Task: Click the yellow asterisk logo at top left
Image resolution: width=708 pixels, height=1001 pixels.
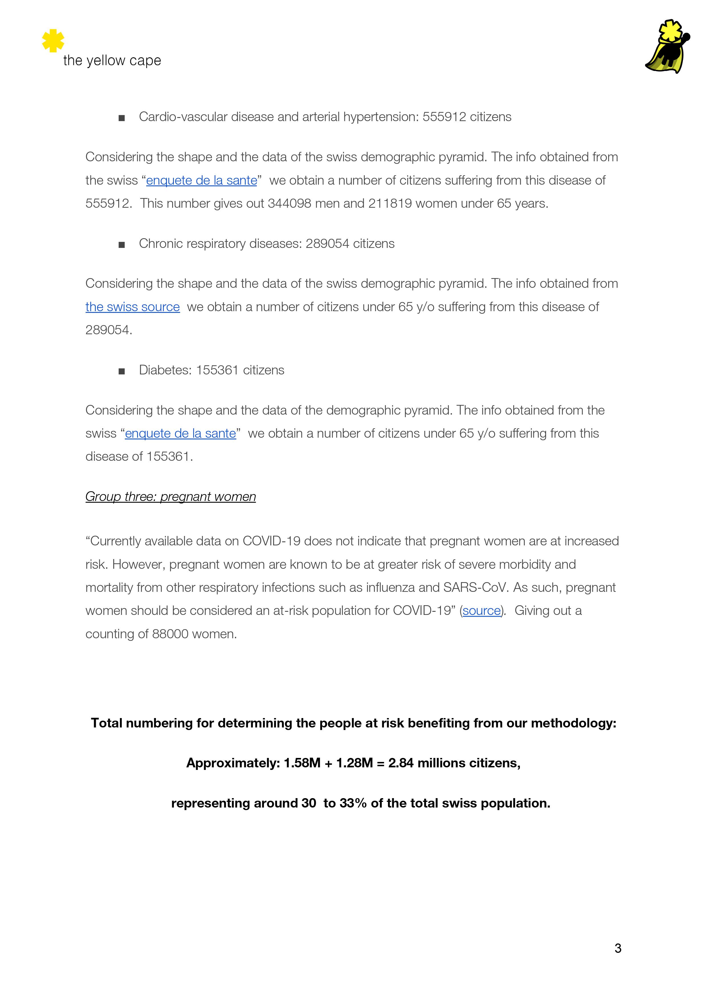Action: point(53,40)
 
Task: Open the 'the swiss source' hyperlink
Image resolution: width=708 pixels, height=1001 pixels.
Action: point(133,307)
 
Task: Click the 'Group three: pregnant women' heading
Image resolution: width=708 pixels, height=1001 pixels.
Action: point(170,497)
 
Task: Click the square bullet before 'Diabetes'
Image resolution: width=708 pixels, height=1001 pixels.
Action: point(122,371)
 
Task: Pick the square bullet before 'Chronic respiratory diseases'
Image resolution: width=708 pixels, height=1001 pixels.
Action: point(122,244)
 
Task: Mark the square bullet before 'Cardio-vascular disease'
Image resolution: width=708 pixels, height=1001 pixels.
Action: point(122,118)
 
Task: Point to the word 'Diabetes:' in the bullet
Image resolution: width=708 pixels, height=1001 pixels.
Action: point(165,370)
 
